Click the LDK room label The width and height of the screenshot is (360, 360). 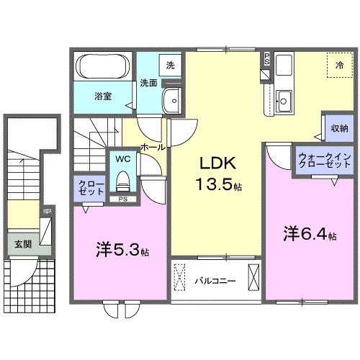pyautogui.click(x=214, y=162)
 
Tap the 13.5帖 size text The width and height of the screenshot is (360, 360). pyautogui.click(x=217, y=185)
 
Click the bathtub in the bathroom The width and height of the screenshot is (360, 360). pyautogui.click(x=103, y=68)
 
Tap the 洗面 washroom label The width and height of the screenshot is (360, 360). pyautogui.click(x=148, y=82)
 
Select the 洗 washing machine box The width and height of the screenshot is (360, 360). pyautogui.click(x=171, y=65)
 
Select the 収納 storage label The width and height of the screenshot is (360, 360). pyautogui.click(x=340, y=128)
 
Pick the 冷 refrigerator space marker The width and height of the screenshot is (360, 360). pyautogui.click(x=339, y=66)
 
